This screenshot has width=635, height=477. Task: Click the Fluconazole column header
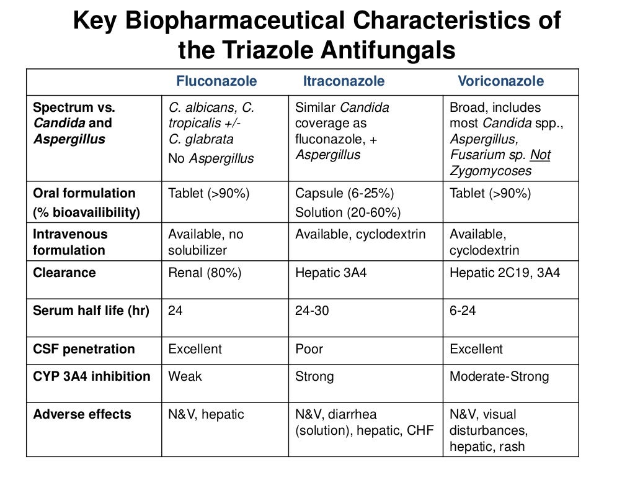pyautogui.click(x=216, y=81)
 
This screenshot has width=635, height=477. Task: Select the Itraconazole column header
pyautogui.click(x=344, y=81)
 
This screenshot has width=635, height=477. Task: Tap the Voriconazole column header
pyautogui.click(x=500, y=81)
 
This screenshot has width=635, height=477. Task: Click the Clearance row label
pyautogui.click(x=64, y=273)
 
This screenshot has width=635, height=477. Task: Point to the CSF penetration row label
pyautogui.click(x=84, y=349)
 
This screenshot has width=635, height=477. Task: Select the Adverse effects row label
pyautogui.click(x=82, y=414)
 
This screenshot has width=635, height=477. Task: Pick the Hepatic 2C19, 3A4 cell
pyautogui.click(x=505, y=273)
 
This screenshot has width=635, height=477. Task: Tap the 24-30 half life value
pyautogui.click(x=313, y=311)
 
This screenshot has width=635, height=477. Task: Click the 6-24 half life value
pyautogui.click(x=463, y=311)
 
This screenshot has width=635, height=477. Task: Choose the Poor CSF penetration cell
pyautogui.click(x=309, y=349)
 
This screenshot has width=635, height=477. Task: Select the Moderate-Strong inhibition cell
pyautogui.click(x=499, y=376)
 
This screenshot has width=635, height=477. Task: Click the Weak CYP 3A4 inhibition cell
pyautogui.click(x=185, y=376)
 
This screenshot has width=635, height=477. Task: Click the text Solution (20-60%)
pyautogui.click(x=348, y=212)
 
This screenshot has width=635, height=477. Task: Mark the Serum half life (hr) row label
pyautogui.click(x=91, y=311)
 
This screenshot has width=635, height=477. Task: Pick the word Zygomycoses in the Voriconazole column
pyautogui.click(x=491, y=171)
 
